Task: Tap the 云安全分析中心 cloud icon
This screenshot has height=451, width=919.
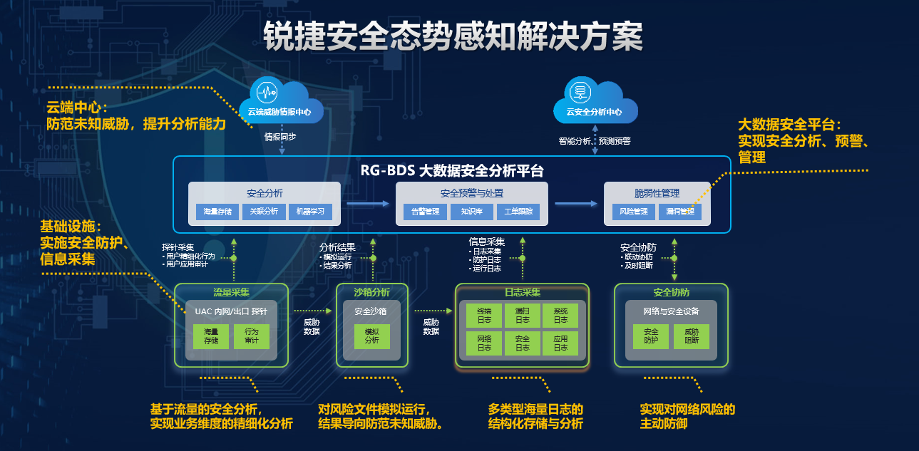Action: [595, 101]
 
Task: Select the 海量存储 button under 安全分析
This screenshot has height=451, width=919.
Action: [217, 212]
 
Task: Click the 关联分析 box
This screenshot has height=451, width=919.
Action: [264, 212]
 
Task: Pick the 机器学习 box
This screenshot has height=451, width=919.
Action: [311, 212]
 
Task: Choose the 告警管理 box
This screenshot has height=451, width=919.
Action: [425, 212]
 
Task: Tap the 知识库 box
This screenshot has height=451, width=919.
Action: [472, 212]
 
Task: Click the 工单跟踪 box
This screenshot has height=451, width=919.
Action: [519, 212]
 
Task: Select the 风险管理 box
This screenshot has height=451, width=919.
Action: [633, 212]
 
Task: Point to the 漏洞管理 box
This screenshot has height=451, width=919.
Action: [680, 212]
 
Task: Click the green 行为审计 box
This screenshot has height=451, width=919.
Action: [252, 337]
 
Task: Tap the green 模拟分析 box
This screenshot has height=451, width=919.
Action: [372, 337]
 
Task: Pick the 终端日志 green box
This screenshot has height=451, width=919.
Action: [484, 316]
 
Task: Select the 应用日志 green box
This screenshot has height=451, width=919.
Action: [560, 343]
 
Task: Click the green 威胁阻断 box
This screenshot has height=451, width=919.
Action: [692, 337]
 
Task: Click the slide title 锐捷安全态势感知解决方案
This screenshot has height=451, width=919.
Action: [453, 36]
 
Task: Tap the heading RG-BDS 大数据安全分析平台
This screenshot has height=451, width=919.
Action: [452, 171]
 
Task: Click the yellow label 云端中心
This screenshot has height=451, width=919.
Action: [76, 108]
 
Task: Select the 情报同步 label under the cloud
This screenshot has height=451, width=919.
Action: [280, 137]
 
